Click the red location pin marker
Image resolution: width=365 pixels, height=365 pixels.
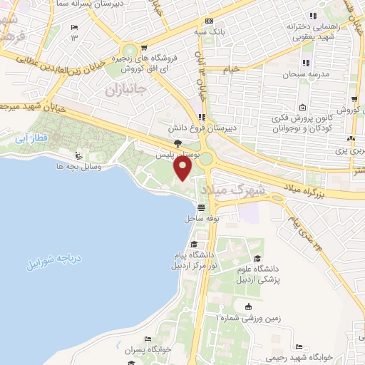coord(183,168)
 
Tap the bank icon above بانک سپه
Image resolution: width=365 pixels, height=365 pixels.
coord(209,21)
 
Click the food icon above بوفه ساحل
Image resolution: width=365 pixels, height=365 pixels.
coord(202,207)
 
